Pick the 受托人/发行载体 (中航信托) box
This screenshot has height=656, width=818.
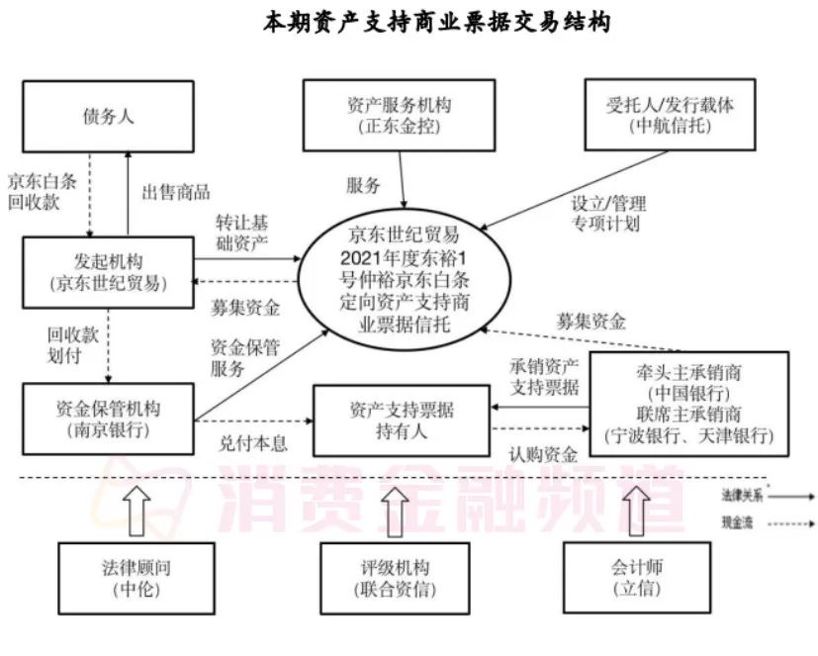point(670,116)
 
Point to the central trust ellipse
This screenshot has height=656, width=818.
point(405,278)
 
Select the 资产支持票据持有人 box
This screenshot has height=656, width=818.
point(402,420)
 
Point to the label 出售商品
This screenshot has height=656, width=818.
point(176,192)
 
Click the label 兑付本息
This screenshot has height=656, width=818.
point(253,444)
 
